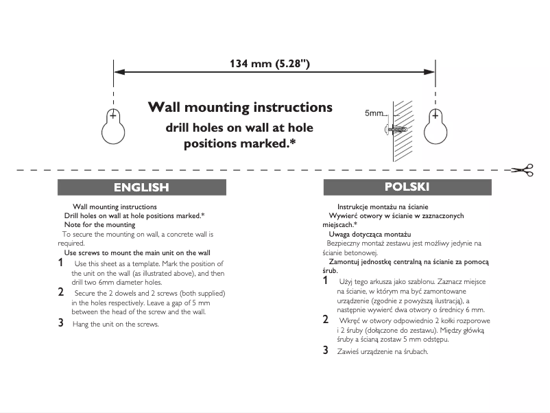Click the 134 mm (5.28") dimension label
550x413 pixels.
[274, 64]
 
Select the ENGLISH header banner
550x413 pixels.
[141, 187]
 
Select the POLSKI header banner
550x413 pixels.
[407, 187]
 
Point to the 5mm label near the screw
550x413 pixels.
[374, 113]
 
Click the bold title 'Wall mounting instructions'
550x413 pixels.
[240, 108]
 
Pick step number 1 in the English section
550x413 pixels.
[60, 263]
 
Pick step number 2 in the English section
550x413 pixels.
[60, 292]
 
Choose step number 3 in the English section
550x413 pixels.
[60, 322]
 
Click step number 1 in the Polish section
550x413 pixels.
[325, 281]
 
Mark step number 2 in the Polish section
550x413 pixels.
[325, 320]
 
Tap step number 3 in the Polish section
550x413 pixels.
[325, 350]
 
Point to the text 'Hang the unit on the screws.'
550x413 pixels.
[115, 324]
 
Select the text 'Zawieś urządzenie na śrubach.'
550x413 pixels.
[383, 351]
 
